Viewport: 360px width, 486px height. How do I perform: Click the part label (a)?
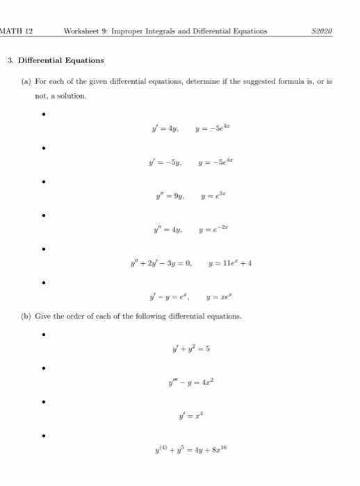pos(26,82)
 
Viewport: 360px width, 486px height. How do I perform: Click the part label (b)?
pos(26,316)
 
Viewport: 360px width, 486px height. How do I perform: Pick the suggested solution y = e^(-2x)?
pos(213,230)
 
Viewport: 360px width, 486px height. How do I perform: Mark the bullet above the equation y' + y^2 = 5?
pos(43,333)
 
